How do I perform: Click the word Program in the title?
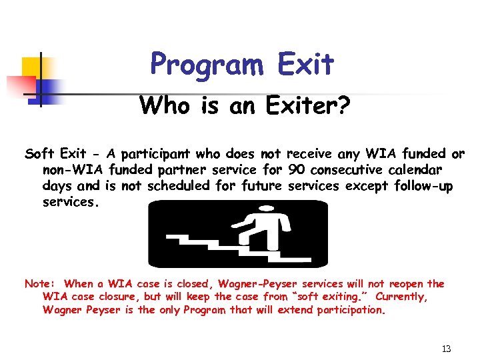point(206,65)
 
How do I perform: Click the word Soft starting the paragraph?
point(39,155)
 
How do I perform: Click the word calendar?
point(417,171)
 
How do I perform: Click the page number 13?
point(446,349)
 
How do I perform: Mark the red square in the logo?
point(20,85)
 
